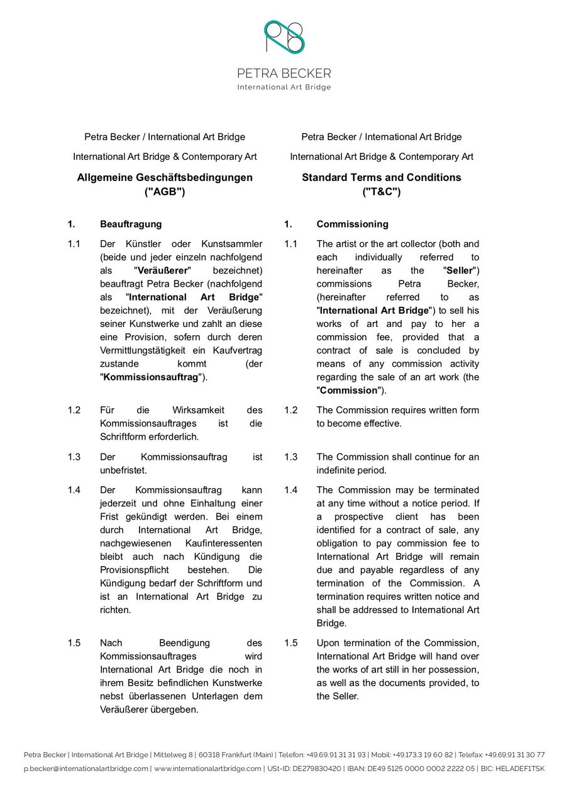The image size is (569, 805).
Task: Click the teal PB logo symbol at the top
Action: [x=284, y=37]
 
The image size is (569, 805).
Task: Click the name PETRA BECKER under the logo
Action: [x=284, y=74]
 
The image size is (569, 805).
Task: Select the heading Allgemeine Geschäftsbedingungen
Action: [x=165, y=177]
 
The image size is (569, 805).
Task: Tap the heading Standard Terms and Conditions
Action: [x=381, y=177]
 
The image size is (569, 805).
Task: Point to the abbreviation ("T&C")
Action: [x=381, y=192]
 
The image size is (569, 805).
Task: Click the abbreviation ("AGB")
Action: [x=165, y=192]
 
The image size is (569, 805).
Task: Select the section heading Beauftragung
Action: [x=130, y=224]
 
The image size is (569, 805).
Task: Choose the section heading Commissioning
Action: [x=352, y=224]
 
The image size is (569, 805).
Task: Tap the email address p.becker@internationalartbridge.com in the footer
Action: [x=86, y=769]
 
